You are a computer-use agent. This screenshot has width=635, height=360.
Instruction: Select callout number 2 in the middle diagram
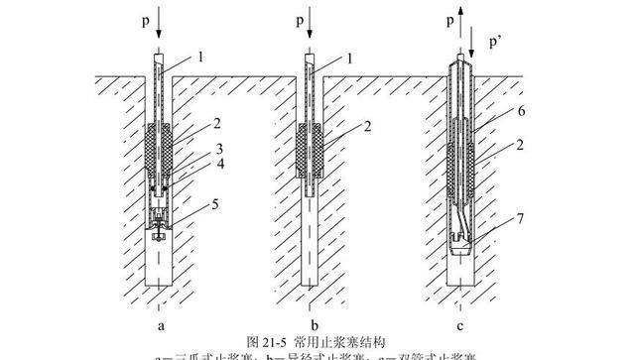(x=342, y=127)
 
